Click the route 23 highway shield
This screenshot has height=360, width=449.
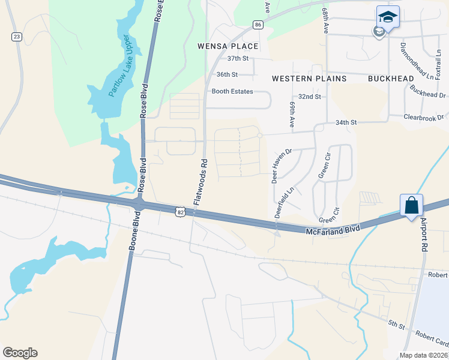16,37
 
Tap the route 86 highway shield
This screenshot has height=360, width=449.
258,25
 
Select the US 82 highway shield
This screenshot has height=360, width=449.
180,211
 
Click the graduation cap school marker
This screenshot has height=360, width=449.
388,17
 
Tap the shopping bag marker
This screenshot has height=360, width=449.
412,205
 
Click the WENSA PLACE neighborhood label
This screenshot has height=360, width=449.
228,46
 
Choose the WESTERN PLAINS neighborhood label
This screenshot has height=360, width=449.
301,79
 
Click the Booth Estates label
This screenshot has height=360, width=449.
232,92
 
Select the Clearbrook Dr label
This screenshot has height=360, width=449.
423,117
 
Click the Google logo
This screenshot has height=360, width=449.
20,353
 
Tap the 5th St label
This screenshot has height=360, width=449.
396,325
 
